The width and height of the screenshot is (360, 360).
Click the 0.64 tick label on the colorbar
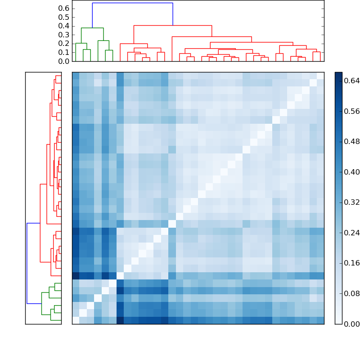pyautogui.click(x=352, y=81)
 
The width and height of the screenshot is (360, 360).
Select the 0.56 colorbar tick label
pyautogui.click(x=352, y=112)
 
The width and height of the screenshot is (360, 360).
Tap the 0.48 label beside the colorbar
pyautogui.click(x=352, y=142)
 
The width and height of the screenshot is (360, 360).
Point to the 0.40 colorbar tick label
pyautogui.click(x=352, y=172)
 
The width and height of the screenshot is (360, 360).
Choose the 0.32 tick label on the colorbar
pyautogui.click(x=352, y=202)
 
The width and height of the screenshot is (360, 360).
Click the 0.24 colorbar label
pyautogui.click(x=352, y=233)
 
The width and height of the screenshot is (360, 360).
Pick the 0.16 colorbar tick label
pyautogui.click(x=352, y=263)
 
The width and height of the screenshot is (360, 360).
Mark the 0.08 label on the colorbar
pyautogui.click(x=352, y=294)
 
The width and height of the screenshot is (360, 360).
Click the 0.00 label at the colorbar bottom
pyautogui.click(x=352, y=324)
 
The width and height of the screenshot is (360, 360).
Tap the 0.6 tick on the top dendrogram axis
pyautogui.click(x=64, y=9)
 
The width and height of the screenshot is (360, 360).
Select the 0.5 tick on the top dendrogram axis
pyautogui.click(x=64, y=17)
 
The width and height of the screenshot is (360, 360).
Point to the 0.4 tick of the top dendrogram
pyautogui.click(x=64, y=26)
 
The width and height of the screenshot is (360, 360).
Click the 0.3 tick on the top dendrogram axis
pyautogui.click(x=64, y=35)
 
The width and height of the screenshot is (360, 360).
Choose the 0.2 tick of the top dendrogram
pyautogui.click(x=64, y=44)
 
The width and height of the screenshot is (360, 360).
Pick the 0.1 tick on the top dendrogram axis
pyautogui.click(x=64, y=52)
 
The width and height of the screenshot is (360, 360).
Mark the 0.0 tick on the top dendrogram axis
pyautogui.click(x=64, y=61)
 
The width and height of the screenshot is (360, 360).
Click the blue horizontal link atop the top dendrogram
pyautogui.click(x=132, y=3)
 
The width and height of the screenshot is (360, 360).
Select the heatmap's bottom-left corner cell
pyautogui.click(x=76, y=320)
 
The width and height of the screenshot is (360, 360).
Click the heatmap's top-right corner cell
pyautogui.click(x=320, y=76)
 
